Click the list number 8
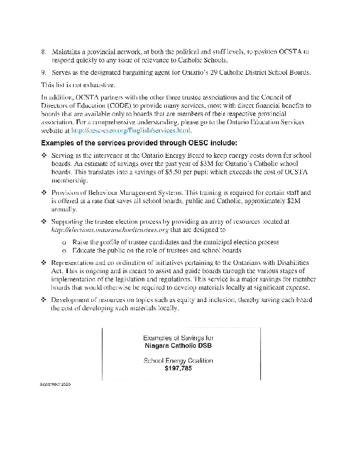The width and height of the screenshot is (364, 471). (x=43, y=52)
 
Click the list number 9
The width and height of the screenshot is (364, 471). (x=43, y=72)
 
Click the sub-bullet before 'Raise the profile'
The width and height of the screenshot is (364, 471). (x=63, y=242)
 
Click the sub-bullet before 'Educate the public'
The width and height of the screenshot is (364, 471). (x=63, y=250)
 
